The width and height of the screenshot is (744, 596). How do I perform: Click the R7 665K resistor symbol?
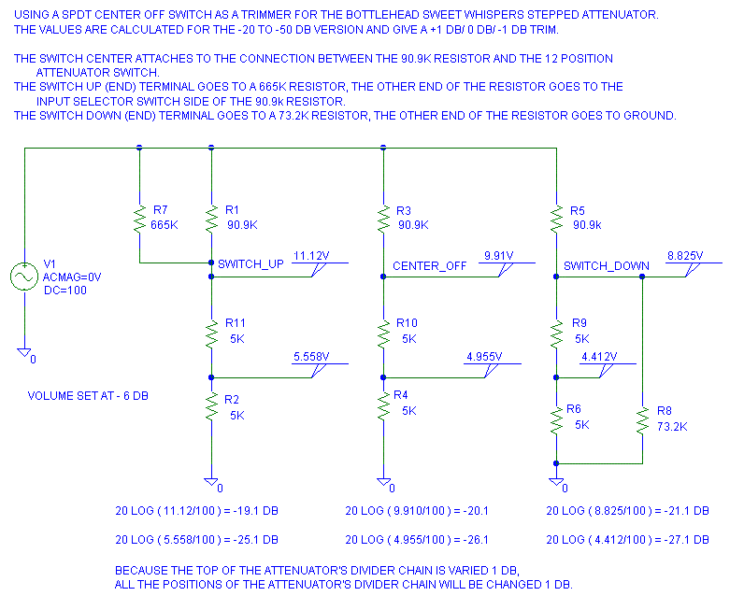click(x=139, y=221)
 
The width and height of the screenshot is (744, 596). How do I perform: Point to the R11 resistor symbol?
click(x=211, y=333)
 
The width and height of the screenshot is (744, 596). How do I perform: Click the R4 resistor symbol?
click(x=384, y=406)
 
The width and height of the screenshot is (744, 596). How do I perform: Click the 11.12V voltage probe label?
click(x=311, y=255)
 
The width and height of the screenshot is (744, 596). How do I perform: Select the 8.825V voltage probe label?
click(x=685, y=255)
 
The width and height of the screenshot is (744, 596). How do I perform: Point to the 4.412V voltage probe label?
click(x=599, y=356)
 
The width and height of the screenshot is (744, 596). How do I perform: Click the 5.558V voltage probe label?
click(x=311, y=356)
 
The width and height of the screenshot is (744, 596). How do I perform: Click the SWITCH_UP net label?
click(x=250, y=265)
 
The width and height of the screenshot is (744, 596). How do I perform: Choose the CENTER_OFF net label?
click(x=429, y=266)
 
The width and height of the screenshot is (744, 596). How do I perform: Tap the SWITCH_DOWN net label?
click(x=606, y=266)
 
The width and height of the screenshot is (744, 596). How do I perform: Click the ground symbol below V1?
click(x=24, y=352)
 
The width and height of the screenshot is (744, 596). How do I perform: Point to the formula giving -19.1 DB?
click(x=195, y=511)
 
